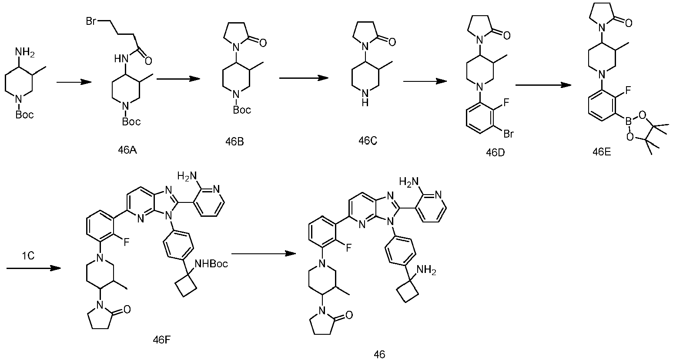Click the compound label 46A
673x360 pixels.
127,150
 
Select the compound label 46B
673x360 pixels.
234,141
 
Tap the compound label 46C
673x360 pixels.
368,141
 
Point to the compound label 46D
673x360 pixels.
496,152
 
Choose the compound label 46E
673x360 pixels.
602,152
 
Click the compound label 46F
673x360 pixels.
162,340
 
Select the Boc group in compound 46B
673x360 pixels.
242,110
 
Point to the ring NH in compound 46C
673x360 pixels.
365,99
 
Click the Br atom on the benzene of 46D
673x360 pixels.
509,134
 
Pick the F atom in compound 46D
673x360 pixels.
506,103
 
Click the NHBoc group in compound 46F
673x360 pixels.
211,264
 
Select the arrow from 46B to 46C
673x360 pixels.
304,78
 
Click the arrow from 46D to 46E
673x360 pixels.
543,85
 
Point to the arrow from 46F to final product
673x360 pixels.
264,253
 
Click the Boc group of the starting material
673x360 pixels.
25,114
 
